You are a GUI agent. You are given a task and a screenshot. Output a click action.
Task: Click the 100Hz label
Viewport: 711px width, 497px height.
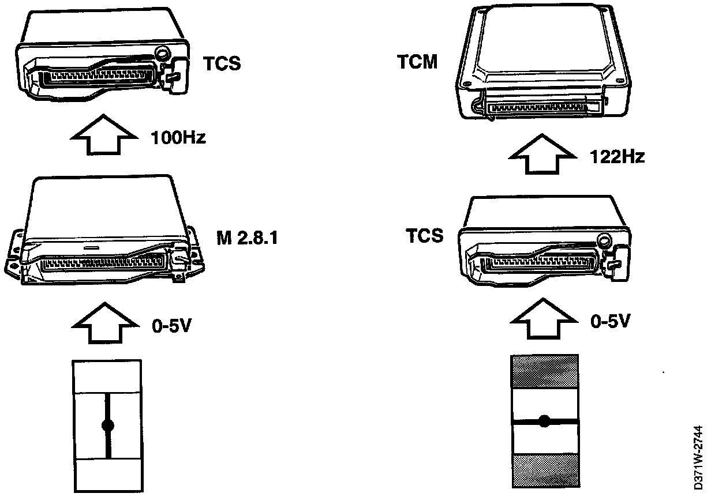(178, 139)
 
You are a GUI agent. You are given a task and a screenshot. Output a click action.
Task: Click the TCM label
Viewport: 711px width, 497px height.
(417, 62)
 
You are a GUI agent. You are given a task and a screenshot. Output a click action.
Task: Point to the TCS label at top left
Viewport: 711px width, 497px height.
(222, 63)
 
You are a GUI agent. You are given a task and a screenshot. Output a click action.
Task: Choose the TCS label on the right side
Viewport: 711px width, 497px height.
(424, 236)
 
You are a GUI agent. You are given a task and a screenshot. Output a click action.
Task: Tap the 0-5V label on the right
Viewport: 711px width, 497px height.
(610, 321)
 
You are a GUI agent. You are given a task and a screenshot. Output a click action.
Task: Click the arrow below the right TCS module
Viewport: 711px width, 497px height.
(542, 320)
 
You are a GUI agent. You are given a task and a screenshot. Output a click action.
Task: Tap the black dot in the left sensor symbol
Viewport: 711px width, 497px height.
(107, 426)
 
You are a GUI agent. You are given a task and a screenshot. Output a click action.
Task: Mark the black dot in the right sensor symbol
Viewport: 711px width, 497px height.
(544, 421)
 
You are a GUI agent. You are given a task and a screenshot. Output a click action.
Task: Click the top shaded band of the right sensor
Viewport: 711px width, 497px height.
(545, 371)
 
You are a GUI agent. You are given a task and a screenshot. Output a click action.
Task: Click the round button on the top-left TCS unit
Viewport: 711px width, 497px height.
(163, 54)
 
